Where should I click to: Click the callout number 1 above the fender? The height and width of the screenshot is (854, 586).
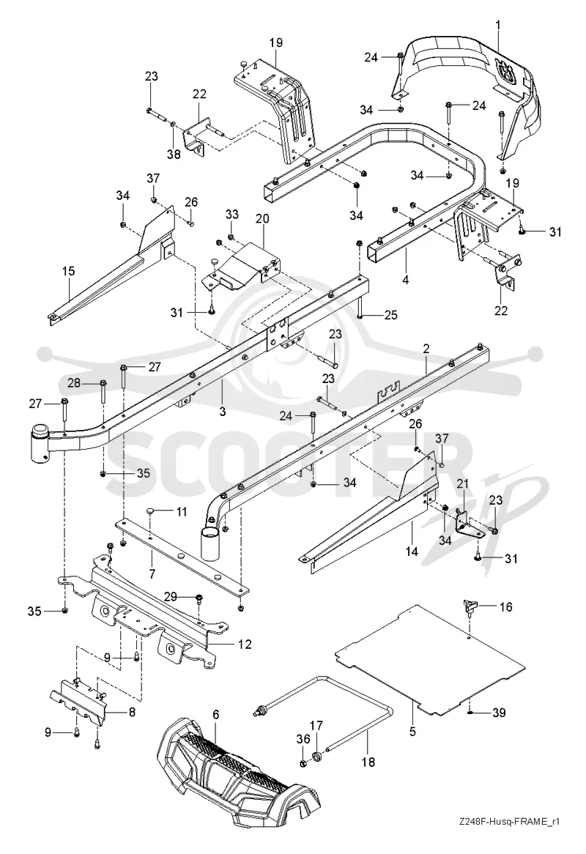pyautogui.click(x=498, y=24)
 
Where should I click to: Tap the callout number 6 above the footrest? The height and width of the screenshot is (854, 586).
pyautogui.click(x=215, y=714)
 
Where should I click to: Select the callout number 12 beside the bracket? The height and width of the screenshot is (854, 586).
pyautogui.click(x=245, y=645)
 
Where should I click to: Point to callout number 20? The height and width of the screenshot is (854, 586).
pyautogui.click(x=262, y=219)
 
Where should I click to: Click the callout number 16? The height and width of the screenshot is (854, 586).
pyautogui.click(x=506, y=606)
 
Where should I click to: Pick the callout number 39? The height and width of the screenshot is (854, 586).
pyautogui.click(x=500, y=713)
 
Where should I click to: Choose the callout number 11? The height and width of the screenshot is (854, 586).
pyautogui.click(x=182, y=511)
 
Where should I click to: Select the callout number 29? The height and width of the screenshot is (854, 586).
pyautogui.click(x=171, y=597)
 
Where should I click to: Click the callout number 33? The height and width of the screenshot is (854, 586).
pyautogui.click(x=232, y=215)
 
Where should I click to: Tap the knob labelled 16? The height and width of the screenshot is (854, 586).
pyautogui.click(x=469, y=604)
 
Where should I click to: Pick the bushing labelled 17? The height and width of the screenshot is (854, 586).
pyautogui.click(x=316, y=757)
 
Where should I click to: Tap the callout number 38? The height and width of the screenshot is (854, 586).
pyautogui.click(x=173, y=155)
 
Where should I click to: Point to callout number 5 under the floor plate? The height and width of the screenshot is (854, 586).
pyautogui.click(x=412, y=732)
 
